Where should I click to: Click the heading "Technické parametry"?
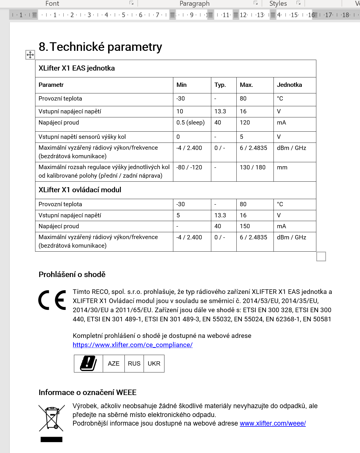106,47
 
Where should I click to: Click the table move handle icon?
30,55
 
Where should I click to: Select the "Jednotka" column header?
289,85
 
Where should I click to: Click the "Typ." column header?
220,85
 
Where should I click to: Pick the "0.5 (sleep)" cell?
190,123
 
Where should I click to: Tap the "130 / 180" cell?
252,167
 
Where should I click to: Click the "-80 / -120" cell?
189,167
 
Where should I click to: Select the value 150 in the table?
245,226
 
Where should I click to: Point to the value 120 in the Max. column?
245,123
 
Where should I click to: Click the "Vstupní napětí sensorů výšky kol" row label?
82,137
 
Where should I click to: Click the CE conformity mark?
52,300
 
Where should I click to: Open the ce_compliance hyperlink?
132,345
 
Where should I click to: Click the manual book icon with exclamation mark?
89,363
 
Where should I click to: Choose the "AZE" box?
114,364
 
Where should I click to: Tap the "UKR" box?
154,364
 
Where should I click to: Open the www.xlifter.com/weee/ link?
273,423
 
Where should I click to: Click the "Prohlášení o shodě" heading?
72,274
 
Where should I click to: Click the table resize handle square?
321,256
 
